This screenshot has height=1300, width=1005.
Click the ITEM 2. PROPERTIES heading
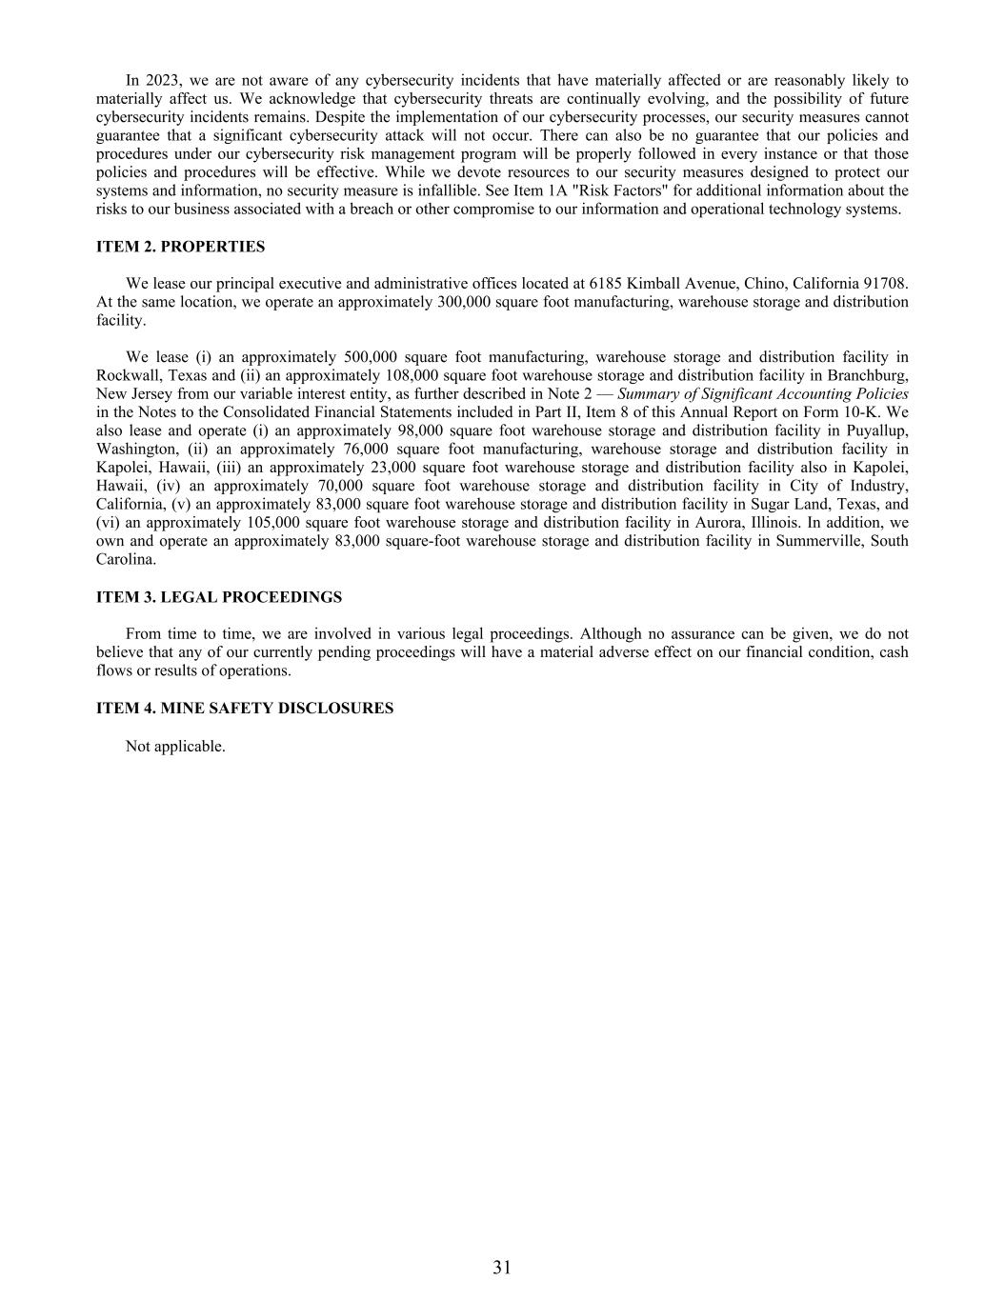click(180, 247)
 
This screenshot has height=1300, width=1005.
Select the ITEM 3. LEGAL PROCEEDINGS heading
click(218, 597)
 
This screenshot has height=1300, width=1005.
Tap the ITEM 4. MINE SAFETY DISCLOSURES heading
click(244, 709)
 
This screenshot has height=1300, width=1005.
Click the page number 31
click(502, 1267)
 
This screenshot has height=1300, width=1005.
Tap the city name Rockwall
click(127, 375)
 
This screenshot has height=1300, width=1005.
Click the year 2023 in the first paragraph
click(159, 80)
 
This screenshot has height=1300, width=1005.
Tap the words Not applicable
click(175, 746)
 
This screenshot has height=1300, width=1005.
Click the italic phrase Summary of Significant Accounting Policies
click(763, 394)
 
